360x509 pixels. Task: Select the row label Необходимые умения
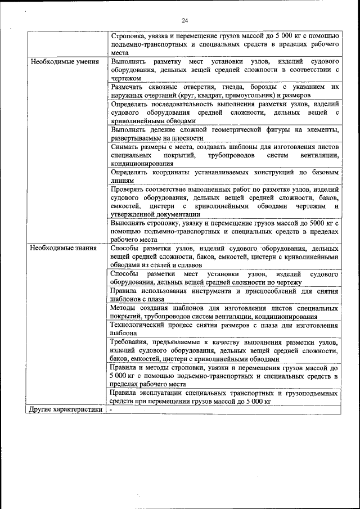coord(58,61)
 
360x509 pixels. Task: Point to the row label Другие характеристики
coord(66,409)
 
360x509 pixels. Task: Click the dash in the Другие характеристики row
coord(111,409)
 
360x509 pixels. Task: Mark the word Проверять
coord(130,190)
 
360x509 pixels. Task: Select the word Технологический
coord(140,325)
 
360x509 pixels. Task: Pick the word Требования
coord(133,341)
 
